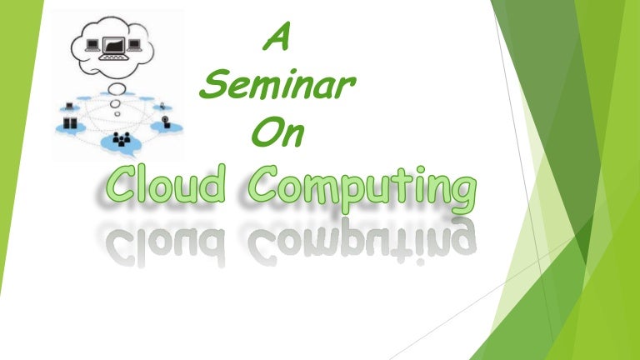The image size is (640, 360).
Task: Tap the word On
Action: pyautogui.click(x=272, y=133)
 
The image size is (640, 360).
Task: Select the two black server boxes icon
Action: pyautogui.click(x=70, y=124)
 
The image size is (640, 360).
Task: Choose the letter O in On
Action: pyautogui.click(x=260, y=133)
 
